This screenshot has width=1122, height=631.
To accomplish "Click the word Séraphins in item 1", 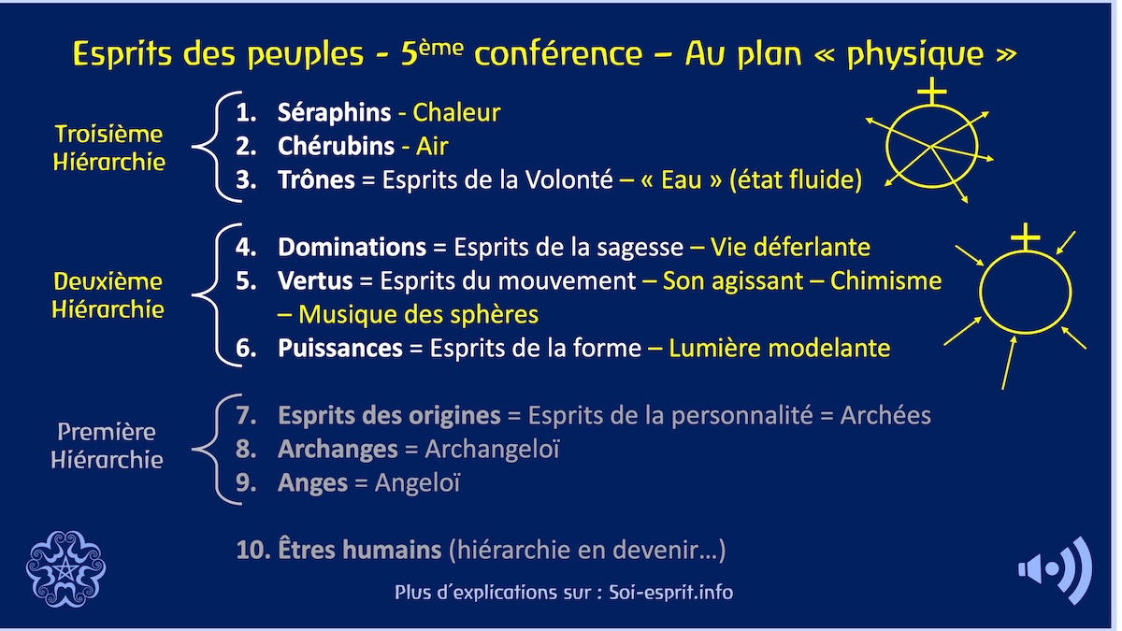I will [334, 113].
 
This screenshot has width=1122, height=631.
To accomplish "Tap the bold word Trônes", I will [316, 179].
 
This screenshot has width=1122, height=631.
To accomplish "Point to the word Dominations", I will [352, 248].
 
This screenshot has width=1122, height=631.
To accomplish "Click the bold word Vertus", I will [315, 281].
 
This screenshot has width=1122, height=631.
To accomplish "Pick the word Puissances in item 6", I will [339, 349].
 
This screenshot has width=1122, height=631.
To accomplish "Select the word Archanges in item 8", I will [338, 450].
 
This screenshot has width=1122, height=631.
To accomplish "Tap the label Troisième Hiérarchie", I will [108, 148].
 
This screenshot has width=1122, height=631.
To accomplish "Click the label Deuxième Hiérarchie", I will [108, 295].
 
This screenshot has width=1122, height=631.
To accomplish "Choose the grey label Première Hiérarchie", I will [107, 446].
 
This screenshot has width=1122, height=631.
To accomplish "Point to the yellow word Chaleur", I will [457, 113].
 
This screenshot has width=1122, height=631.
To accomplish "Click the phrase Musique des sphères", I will [419, 314].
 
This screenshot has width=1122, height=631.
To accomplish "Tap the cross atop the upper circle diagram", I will [931, 91].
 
